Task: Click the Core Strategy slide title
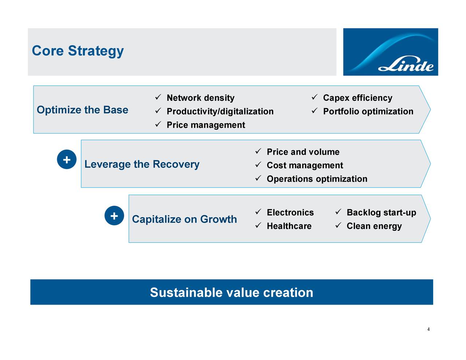78,51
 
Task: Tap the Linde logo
390,52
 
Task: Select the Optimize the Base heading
82,110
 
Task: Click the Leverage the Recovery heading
142,164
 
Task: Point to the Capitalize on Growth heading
184,219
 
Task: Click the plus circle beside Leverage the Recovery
67,160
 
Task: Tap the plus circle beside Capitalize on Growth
114,215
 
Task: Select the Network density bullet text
200,98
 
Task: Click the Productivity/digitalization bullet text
220,111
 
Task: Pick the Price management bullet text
206,125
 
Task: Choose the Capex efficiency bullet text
358,98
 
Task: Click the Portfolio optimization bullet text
368,111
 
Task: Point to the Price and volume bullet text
303,152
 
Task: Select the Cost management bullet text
305,166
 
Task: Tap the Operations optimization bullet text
317,179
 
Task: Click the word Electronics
290,213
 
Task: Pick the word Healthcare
289,226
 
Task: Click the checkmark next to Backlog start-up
338,212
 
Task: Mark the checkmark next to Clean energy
338,225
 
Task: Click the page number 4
429,329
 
